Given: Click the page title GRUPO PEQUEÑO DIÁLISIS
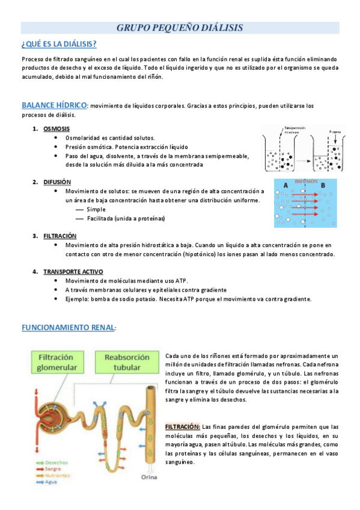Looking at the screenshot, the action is tap(179, 28).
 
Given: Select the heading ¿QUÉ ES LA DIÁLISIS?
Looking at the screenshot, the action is tap(59, 45).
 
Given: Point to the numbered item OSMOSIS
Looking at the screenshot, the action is tap(56, 129).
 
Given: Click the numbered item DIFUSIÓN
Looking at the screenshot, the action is tap(57, 182).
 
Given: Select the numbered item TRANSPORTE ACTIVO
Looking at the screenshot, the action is tap(73, 272).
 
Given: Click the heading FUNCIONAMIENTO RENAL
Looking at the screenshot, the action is tap(68, 328).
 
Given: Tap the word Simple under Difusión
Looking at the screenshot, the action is tap(96, 209).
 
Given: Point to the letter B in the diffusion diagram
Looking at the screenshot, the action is tap(323, 186).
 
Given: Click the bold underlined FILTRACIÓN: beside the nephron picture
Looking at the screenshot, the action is tap(183, 426).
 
